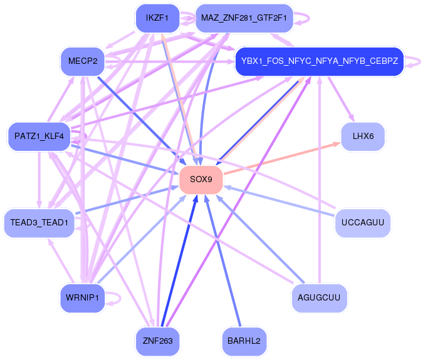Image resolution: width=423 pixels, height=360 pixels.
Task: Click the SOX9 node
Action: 201,180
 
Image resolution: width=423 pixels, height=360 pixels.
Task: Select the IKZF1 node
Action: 157,18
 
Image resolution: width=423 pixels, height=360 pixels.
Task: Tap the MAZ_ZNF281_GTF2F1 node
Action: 244,18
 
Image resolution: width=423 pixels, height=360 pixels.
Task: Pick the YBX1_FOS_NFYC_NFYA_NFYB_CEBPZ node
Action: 319,61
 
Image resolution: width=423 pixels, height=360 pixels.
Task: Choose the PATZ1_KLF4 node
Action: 39,135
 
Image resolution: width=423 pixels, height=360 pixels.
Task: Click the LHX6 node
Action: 363,136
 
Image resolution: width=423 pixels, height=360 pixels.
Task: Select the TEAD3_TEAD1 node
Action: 39,223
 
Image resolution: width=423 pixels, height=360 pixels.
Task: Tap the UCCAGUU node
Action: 363,223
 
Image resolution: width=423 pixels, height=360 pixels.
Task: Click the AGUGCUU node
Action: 319,297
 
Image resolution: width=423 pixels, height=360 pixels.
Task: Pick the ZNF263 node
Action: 157,341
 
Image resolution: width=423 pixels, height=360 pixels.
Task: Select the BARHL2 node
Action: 244,341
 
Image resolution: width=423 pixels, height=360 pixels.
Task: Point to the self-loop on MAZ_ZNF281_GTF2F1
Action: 303,18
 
